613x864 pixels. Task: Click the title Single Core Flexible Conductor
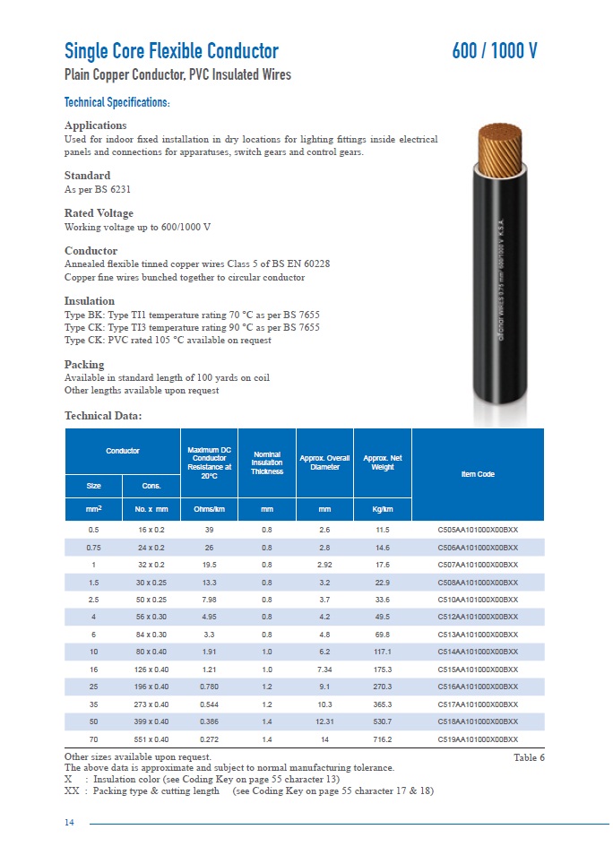(x=171, y=51)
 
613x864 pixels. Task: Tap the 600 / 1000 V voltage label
(x=495, y=51)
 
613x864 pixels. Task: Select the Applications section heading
(x=95, y=125)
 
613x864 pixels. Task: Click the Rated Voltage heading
(x=99, y=213)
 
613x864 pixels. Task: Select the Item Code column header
(x=478, y=474)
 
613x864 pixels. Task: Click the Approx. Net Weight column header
(x=383, y=462)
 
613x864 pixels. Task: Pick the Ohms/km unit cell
(x=209, y=510)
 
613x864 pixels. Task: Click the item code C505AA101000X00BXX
(x=478, y=530)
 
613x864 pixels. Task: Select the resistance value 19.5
(x=209, y=565)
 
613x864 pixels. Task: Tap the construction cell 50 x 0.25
(x=151, y=600)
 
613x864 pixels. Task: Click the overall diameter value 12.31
(x=324, y=721)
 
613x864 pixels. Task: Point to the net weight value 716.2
(x=383, y=739)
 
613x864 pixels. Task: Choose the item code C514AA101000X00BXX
(x=478, y=652)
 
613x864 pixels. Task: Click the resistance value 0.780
(x=209, y=687)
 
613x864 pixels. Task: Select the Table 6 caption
(x=529, y=757)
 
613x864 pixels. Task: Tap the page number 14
(x=70, y=824)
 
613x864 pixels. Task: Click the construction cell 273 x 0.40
(x=151, y=704)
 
